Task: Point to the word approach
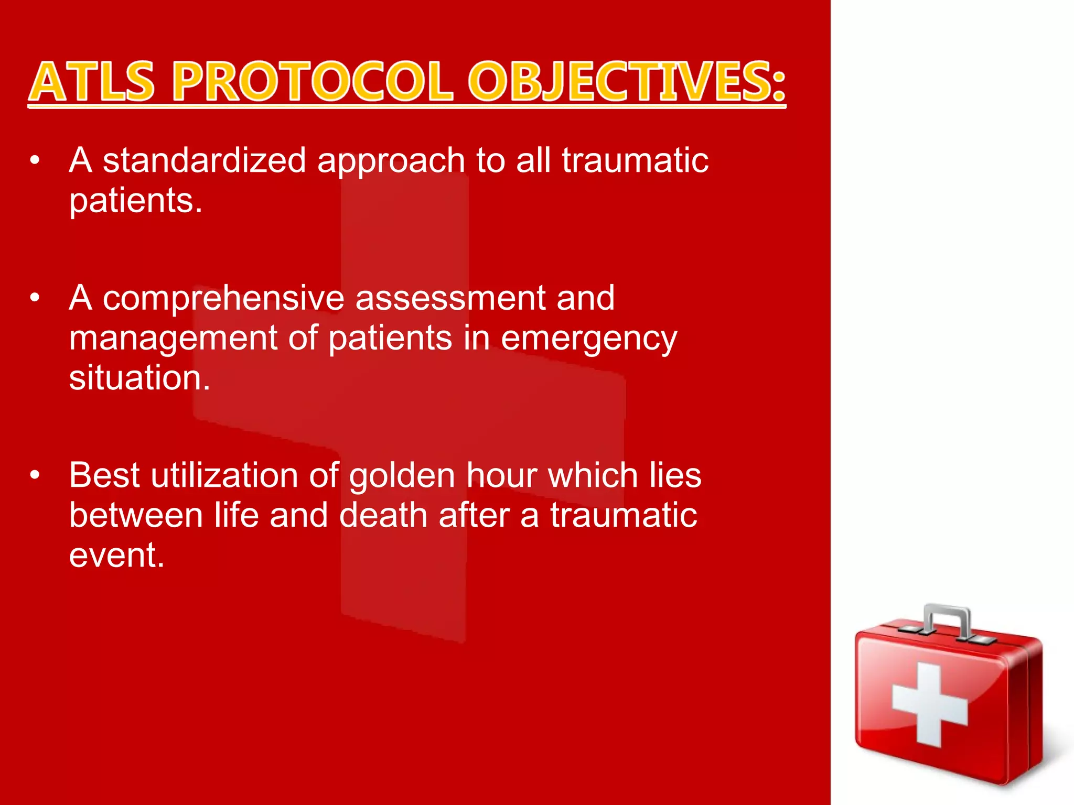[391, 161]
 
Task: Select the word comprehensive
[223, 299]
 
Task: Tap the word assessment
[450, 298]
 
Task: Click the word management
[173, 339]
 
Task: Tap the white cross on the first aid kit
[929, 705]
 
